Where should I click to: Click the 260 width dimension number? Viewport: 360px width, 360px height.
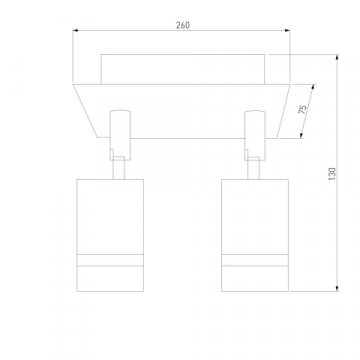point(183,25)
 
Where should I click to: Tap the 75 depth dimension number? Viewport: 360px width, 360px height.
point(303,109)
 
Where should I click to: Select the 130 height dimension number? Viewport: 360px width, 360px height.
point(332,174)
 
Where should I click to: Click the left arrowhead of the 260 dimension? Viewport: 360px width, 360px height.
point(75,30)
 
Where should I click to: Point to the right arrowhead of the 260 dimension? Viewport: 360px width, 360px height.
point(287,30)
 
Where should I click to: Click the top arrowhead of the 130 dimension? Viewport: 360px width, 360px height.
point(337,57)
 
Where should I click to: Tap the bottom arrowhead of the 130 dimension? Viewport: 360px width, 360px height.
point(337,288)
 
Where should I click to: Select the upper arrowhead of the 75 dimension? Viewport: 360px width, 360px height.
point(313,87)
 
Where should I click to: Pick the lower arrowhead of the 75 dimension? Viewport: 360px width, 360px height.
point(301,135)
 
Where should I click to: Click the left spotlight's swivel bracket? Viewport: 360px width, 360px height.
point(120,135)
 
